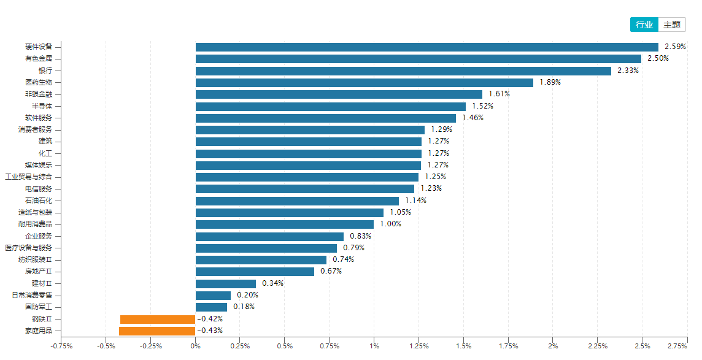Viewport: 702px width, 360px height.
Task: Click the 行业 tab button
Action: (x=644, y=25)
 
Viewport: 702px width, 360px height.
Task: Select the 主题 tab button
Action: (x=672, y=25)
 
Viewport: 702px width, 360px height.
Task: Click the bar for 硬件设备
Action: (x=426, y=47)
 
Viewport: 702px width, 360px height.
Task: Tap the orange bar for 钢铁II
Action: (x=158, y=319)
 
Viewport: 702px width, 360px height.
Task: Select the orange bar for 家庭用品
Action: (x=157, y=331)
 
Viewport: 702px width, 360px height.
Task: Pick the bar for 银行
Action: (x=403, y=71)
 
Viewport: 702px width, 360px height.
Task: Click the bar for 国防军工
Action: (x=211, y=307)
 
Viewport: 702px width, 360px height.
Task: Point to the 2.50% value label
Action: (x=658, y=59)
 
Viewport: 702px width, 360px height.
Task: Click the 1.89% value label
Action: (x=550, y=82)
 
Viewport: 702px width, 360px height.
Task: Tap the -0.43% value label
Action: (x=210, y=331)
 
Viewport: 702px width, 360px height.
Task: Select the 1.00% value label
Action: (x=390, y=224)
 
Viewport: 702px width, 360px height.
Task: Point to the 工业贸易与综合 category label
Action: (x=33, y=177)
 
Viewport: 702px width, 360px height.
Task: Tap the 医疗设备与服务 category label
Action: (x=33, y=248)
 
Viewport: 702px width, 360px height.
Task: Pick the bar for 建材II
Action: (x=225, y=283)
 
